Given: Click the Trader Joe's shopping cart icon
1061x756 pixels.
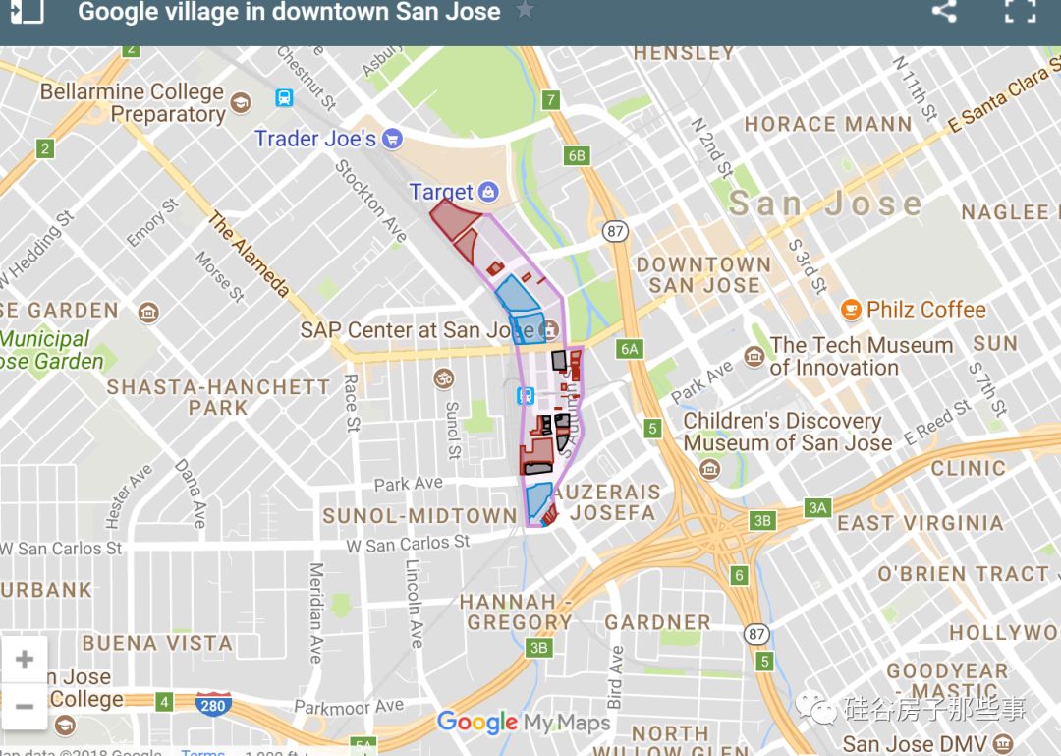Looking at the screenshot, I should (393, 139).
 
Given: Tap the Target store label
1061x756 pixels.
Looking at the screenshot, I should (441, 192).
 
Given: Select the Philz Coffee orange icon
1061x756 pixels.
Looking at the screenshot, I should (851, 310).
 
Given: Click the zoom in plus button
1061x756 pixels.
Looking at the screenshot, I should (25, 659).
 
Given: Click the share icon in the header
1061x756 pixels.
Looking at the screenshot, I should (944, 12).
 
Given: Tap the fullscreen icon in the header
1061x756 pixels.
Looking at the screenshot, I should (1021, 11).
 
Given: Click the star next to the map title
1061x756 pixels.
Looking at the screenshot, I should (526, 11).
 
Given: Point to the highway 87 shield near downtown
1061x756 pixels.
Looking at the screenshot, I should (616, 232).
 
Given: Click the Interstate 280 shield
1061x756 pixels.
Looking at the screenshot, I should (213, 704).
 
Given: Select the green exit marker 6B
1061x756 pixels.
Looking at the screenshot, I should (577, 155).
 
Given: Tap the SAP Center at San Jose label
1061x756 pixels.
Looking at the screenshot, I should (417, 329).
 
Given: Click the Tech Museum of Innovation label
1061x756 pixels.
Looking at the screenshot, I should (861, 356).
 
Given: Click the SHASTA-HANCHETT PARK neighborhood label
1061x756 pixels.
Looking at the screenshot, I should (218, 396).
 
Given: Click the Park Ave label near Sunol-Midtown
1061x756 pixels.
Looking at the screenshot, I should (408, 484).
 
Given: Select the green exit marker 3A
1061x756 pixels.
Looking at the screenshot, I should (817, 507).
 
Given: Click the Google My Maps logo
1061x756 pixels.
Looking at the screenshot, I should (524, 723).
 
